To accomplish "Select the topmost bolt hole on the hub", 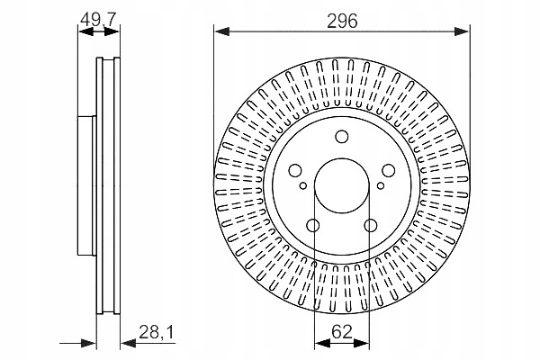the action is (x=342, y=137).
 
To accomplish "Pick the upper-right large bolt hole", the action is (x=388, y=169).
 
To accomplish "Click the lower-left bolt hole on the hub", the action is (x=313, y=225).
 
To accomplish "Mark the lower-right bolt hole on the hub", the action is (x=371, y=225).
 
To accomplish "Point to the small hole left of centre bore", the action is (x=303, y=187).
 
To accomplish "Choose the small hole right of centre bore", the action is (x=381, y=187).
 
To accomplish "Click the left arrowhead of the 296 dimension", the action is (x=220, y=32).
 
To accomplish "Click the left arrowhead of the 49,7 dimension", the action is (x=82, y=32).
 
